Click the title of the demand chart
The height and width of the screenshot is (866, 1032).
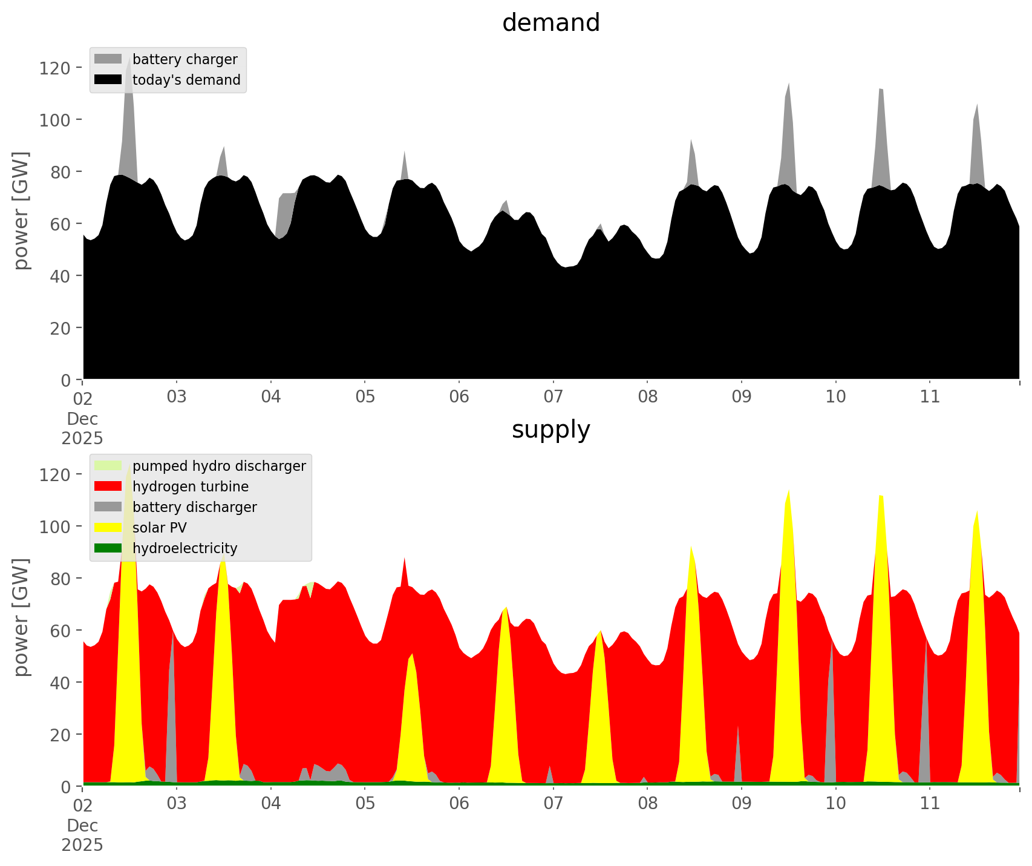[550, 23]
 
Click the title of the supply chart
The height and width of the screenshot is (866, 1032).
[550, 430]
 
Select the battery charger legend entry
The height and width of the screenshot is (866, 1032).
[185, 59]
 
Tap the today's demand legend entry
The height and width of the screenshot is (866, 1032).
[186, 80]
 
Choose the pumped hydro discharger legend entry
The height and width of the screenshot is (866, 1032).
[218, 466]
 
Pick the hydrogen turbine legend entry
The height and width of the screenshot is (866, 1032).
[190, 487]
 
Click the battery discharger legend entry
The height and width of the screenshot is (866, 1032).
[194, 507]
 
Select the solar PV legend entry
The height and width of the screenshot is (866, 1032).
[159, 528]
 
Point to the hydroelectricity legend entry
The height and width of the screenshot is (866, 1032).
[185, 548]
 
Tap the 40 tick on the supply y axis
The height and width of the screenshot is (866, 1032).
[57, 683]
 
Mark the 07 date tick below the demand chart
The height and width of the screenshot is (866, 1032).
[553, 397]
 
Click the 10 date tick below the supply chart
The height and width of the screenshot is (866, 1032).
[835, 804]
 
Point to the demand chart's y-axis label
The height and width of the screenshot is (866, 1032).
[21, 211]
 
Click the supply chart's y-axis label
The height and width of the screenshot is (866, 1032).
[21, 617]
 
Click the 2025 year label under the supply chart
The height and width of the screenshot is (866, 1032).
[82, 845]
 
